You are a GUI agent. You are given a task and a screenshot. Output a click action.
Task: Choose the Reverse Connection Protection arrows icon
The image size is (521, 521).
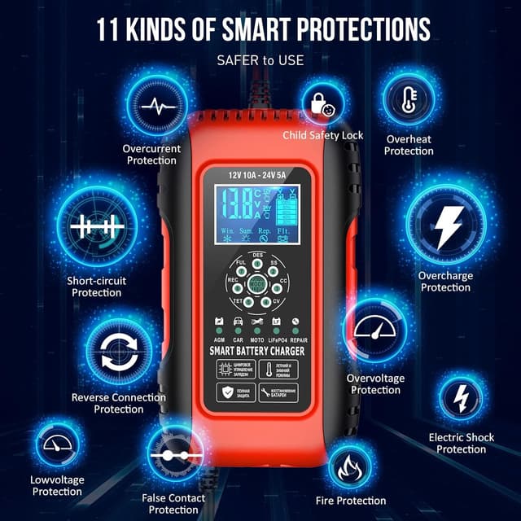click(x=119, y=352)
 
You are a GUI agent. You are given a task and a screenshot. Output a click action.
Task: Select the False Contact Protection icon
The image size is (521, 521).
click(x=174, y=455)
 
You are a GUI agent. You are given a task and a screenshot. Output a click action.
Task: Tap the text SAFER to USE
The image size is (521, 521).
click(x=260, y=60)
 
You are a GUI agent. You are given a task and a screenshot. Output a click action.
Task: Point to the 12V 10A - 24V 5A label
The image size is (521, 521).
click(x=256, y=175)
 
